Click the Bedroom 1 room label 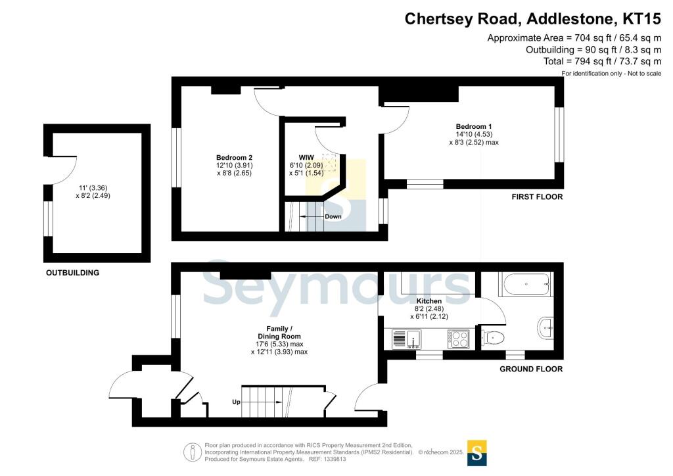tap(473, 126)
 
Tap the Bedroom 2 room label tap(234, 157)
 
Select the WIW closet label tap(306, 157)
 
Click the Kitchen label tap(429, 301)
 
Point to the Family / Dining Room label tap(279, 332)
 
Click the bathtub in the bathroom tap(524, 285)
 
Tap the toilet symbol tap(494, 338)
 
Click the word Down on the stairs tap(333, 216)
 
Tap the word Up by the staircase tap(235, 401)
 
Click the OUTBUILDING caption tap(72, 273)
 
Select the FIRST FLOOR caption tap(538, 197)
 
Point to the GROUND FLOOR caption tap(531, 369)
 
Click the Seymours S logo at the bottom tap(477, 452)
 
